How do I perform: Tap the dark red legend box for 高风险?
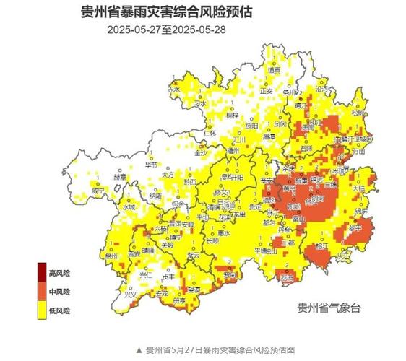(42, 273)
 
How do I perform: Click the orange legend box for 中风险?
(42, 292)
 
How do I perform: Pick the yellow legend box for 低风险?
(42, 310)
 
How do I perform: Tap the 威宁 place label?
(98, 191)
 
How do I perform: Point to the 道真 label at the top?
(273, 71)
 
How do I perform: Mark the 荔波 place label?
(288, 277)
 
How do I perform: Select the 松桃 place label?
(359, 113)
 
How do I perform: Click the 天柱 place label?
(358, 187)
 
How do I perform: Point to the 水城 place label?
(129, 206)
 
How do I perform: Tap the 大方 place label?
(168, 175)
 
